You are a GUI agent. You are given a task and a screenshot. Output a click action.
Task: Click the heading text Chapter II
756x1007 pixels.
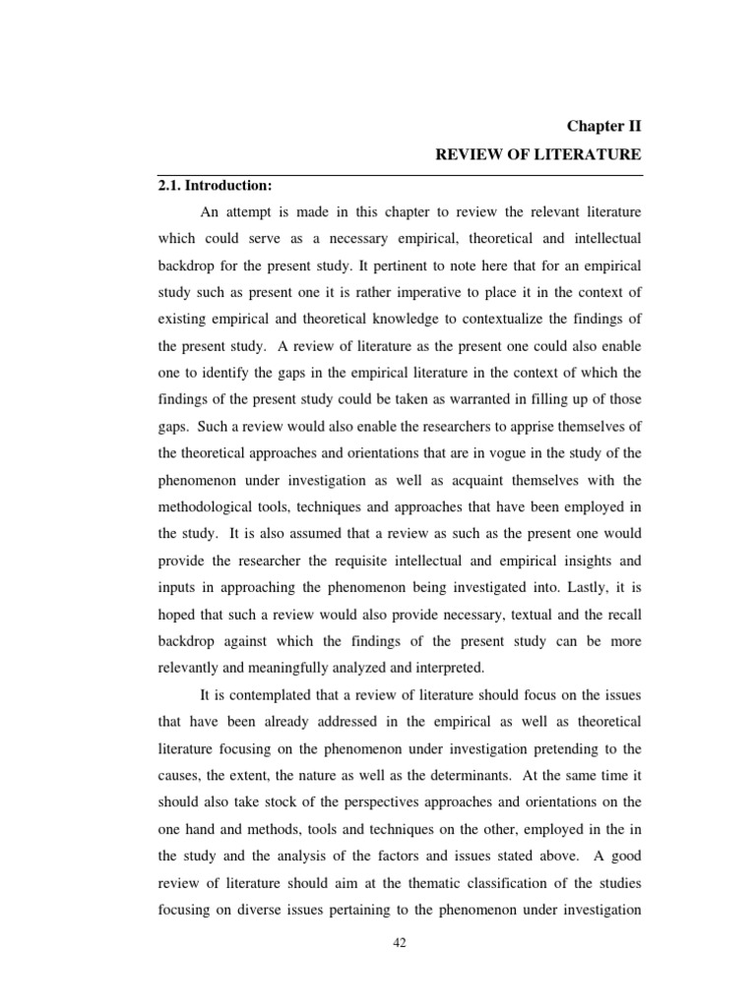(603, 126)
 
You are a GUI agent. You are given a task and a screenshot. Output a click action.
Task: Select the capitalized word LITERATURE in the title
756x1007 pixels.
(589, 154)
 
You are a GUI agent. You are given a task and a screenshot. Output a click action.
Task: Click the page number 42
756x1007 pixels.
(400, 941)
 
